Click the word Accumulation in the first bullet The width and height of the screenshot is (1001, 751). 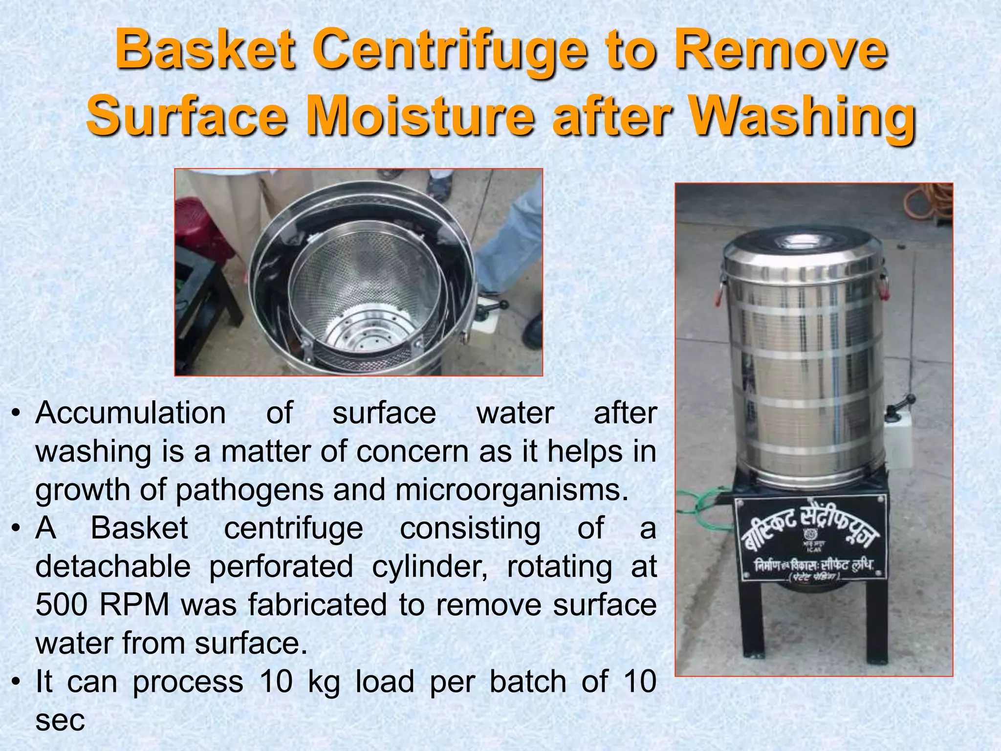tap(131, 413)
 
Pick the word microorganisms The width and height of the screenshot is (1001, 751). tap(511, 490)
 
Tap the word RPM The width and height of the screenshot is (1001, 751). tap(134, 605)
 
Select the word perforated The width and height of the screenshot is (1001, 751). tap(281, 567)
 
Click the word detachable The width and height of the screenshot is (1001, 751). tap(113, 567)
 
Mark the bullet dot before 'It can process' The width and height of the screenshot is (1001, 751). tap(17, 683)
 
